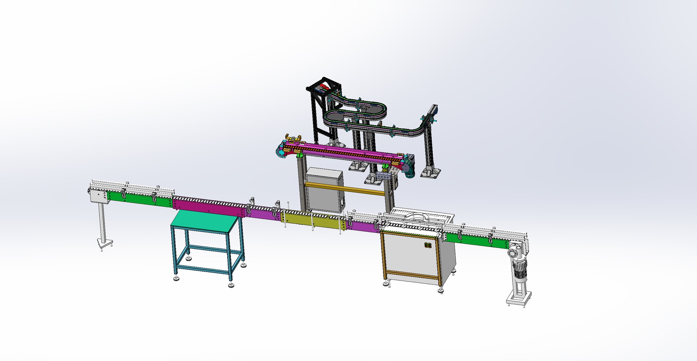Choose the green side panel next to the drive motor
pos(476,240)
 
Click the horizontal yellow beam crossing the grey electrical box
pos(345,189)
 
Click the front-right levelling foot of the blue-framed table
pos(231,285)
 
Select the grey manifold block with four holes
pos(385,176)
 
